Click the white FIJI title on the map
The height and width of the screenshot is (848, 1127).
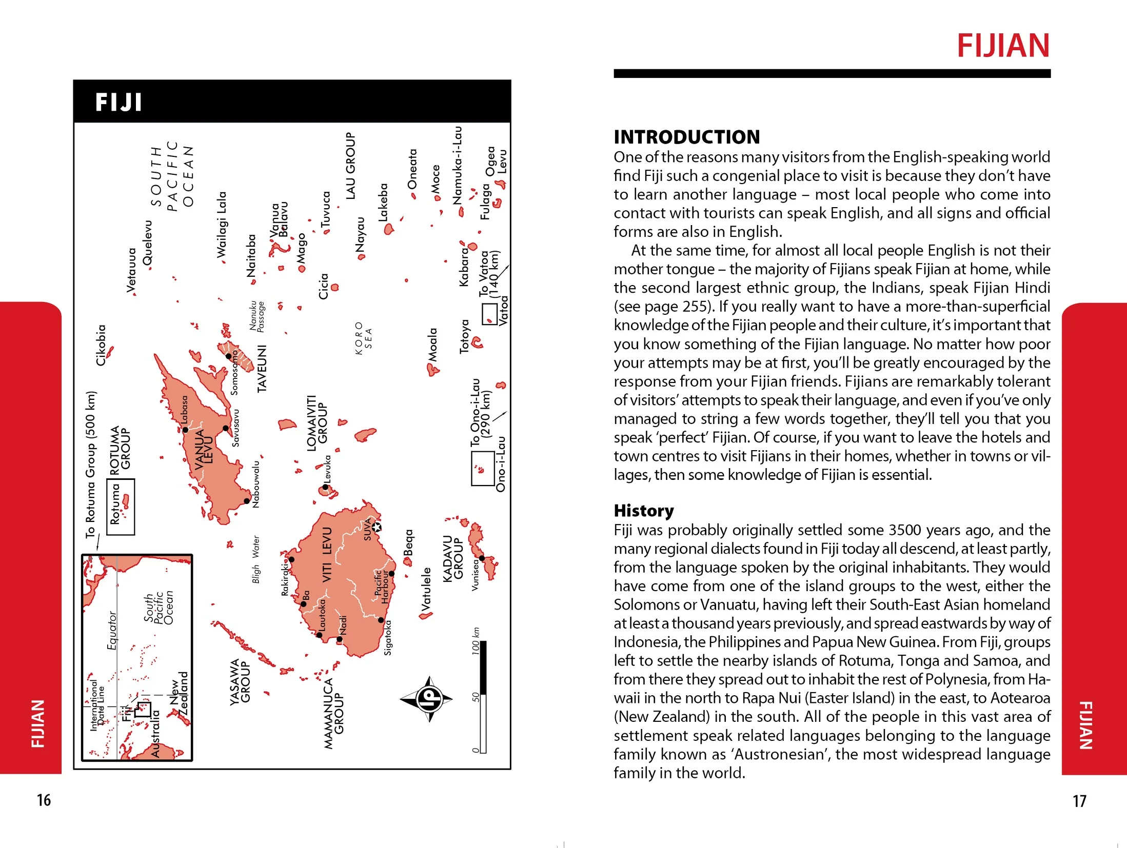[118, 102]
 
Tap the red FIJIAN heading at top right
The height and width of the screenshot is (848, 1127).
[1003, 46]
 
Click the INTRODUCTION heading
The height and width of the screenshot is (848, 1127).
[686, 137]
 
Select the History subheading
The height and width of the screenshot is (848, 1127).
[643, 511]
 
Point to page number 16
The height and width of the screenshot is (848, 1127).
[44, 800]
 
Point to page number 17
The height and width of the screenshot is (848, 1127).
[1079, 801]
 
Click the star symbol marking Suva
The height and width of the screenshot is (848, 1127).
[377, 527]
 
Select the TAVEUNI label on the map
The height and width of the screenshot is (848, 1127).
[262, 369]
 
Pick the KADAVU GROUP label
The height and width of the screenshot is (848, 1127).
[452, 558]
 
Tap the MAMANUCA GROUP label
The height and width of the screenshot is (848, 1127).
[333, 713]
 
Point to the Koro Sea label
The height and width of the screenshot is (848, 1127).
[363, 338]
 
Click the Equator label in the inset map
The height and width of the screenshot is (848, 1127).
[111, 630]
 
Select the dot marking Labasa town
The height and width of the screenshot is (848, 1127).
[186, 430]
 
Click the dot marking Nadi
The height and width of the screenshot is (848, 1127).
[339, 639]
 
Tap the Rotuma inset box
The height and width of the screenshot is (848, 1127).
[121, 507]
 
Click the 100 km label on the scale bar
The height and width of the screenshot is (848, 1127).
[476, 640]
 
